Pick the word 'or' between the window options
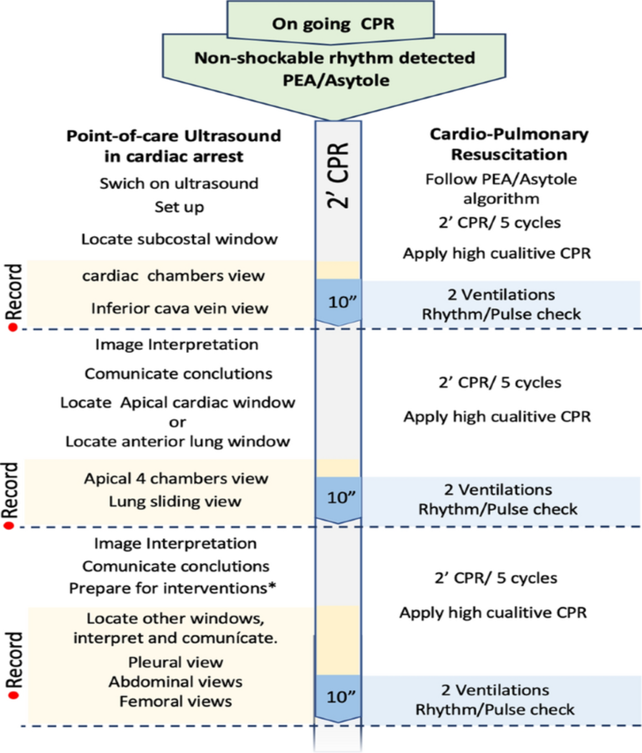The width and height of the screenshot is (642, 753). click(176, 421)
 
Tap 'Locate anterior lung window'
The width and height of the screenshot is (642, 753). click(176, 440)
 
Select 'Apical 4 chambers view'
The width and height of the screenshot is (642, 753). click(176, 479)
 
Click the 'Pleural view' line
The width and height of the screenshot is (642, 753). click(176, 663)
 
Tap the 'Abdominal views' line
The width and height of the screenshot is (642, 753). click(176, 682)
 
